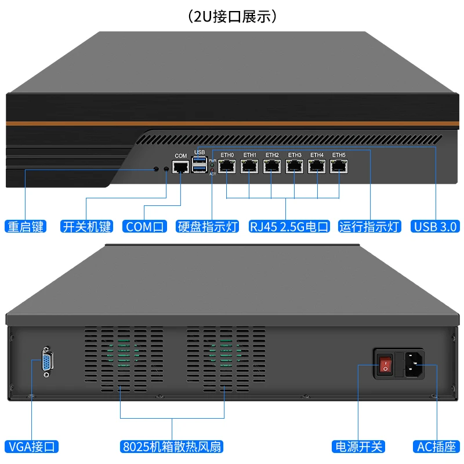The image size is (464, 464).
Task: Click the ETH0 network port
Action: (x=227, y=166)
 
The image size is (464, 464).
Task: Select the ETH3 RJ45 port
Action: (x=294, y=166)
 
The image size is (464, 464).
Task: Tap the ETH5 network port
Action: (x=339, y=166)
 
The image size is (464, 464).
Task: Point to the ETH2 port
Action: (x=272, y=166)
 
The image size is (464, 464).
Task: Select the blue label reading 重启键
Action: (x=25, y=226)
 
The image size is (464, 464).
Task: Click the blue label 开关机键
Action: (x=86, y=226)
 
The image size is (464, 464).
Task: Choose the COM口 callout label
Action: (x=144, y=226)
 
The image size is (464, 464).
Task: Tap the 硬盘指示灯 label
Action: (x=208, y=226)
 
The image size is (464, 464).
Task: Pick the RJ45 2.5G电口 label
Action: (x=289, y=226)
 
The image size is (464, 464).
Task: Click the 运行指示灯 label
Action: (x=370, y=226)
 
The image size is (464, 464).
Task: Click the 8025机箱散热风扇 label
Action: (x=172, y=447)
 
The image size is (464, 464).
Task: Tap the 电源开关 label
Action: (x=358, y=447)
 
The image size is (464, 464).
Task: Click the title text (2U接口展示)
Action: (x=232, y=16)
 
